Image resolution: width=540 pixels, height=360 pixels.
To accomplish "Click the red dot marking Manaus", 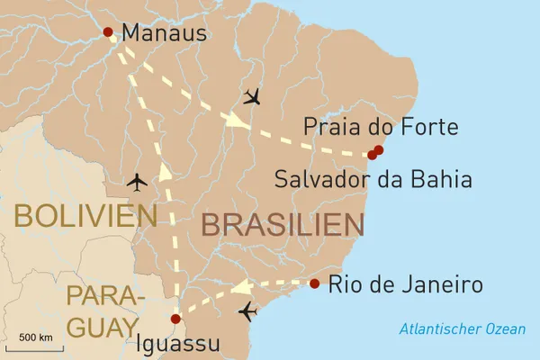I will [x=108, y=32].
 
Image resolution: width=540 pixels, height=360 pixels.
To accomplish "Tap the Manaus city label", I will [x=164, y=33].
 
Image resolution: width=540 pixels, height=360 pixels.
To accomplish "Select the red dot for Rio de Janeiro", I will [x=314, y=283].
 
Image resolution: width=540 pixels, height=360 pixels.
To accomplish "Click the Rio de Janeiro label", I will [x=405, y=285].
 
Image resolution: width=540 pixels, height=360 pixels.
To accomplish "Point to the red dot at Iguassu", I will [x=175, y=318].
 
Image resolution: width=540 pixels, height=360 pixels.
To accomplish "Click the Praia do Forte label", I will [x=381, y=127].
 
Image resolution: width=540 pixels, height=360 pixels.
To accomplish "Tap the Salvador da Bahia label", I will [x=373, y=179].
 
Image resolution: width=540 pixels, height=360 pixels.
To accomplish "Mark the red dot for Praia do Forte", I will [x=379, y=149].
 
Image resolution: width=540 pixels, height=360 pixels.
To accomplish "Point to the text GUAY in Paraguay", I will [x=102, y=325].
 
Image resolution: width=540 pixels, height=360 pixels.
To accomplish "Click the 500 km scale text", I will [x=35, y=337].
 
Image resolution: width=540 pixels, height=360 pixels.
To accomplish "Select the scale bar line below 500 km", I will [x=34, y=346].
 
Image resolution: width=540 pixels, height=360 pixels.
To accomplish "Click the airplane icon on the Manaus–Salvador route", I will [x=252, y=96].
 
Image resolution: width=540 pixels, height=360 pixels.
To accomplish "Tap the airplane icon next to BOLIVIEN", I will [x=138, y=182].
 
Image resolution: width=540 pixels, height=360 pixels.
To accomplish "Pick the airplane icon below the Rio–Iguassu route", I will [x=248, y=312].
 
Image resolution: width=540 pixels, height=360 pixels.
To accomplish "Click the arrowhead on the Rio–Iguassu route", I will [x=240, y=288].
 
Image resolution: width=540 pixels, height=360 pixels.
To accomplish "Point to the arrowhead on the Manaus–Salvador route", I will [x=237, y=119].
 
